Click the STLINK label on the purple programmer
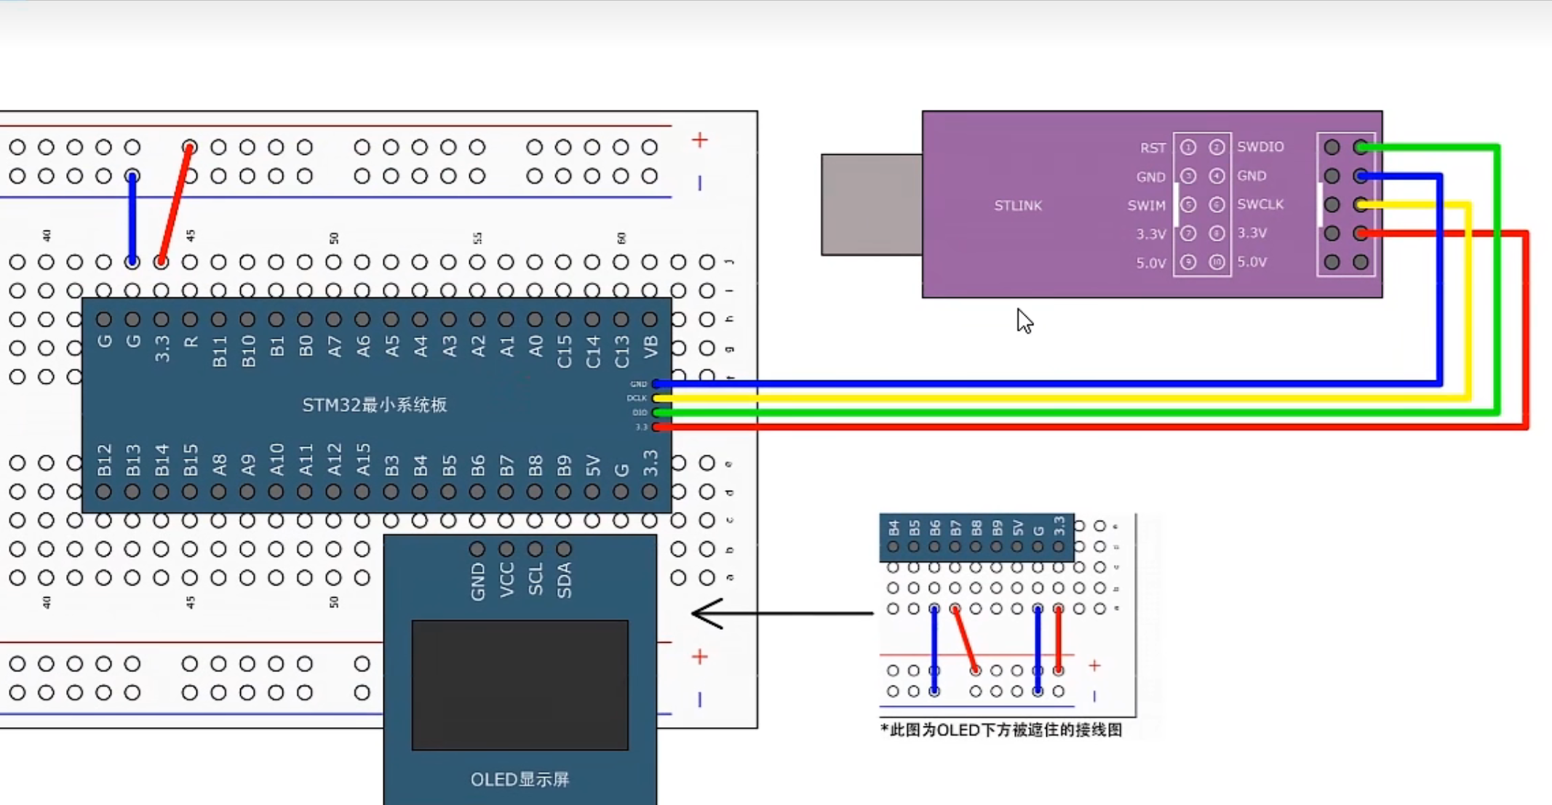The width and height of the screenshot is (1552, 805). pos(1018,206)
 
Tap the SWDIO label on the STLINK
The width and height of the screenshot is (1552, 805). pos(1260,147)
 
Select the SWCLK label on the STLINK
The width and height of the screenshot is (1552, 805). pos(1260,204)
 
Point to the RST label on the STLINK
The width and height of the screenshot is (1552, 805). pos(1153,148)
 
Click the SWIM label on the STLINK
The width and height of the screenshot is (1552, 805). pos(1146,206)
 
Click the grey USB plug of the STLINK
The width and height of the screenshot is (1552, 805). pos(872,204)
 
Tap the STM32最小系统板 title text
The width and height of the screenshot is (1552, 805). pos(374,405)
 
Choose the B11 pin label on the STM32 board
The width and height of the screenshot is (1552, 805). pos(219,351)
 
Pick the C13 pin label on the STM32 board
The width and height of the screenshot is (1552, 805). pos(621,351)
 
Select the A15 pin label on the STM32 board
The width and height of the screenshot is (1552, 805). pos(363,460)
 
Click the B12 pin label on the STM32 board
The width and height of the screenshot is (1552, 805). pos(104,460)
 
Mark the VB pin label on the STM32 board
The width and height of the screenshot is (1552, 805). pos(650,348)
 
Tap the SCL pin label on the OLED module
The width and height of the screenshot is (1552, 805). pos(536,580)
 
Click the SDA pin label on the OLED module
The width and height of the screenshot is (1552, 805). pos(564,580)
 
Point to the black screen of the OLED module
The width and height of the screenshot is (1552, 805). pos(520,684)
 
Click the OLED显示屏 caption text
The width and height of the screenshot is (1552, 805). pos(520,780)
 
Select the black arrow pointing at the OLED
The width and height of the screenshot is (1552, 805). pos(781,614)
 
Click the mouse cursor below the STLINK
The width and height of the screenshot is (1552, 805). pos(1024,321)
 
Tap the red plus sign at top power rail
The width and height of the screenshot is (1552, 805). pos(699,140)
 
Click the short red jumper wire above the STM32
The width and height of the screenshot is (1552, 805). pos(175,204)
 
